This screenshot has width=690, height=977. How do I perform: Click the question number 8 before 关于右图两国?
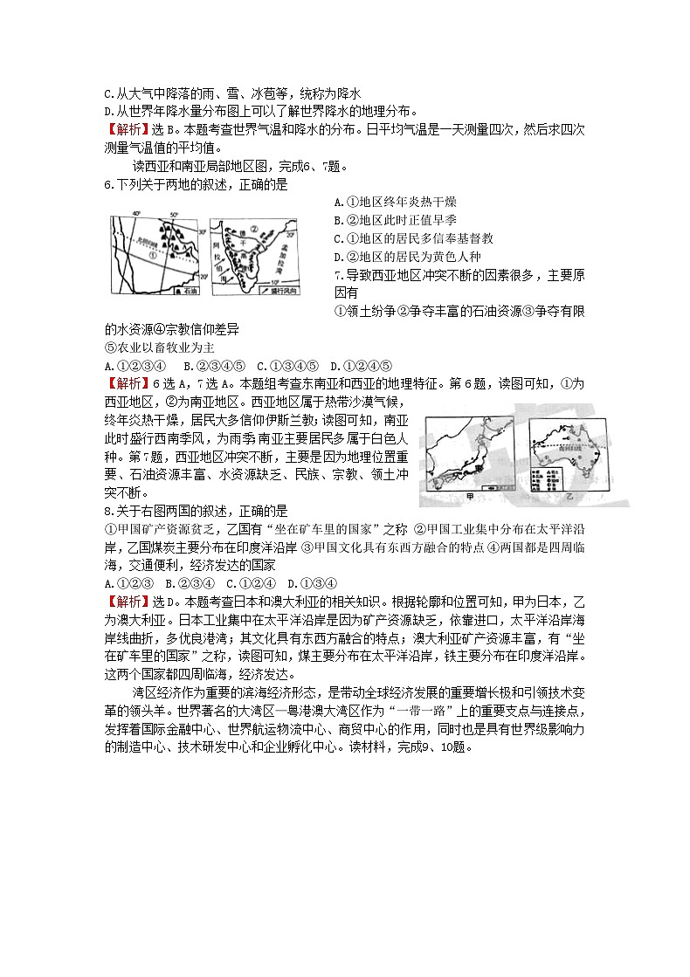[107, 511]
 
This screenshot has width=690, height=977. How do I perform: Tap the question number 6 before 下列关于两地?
[107, 184]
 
